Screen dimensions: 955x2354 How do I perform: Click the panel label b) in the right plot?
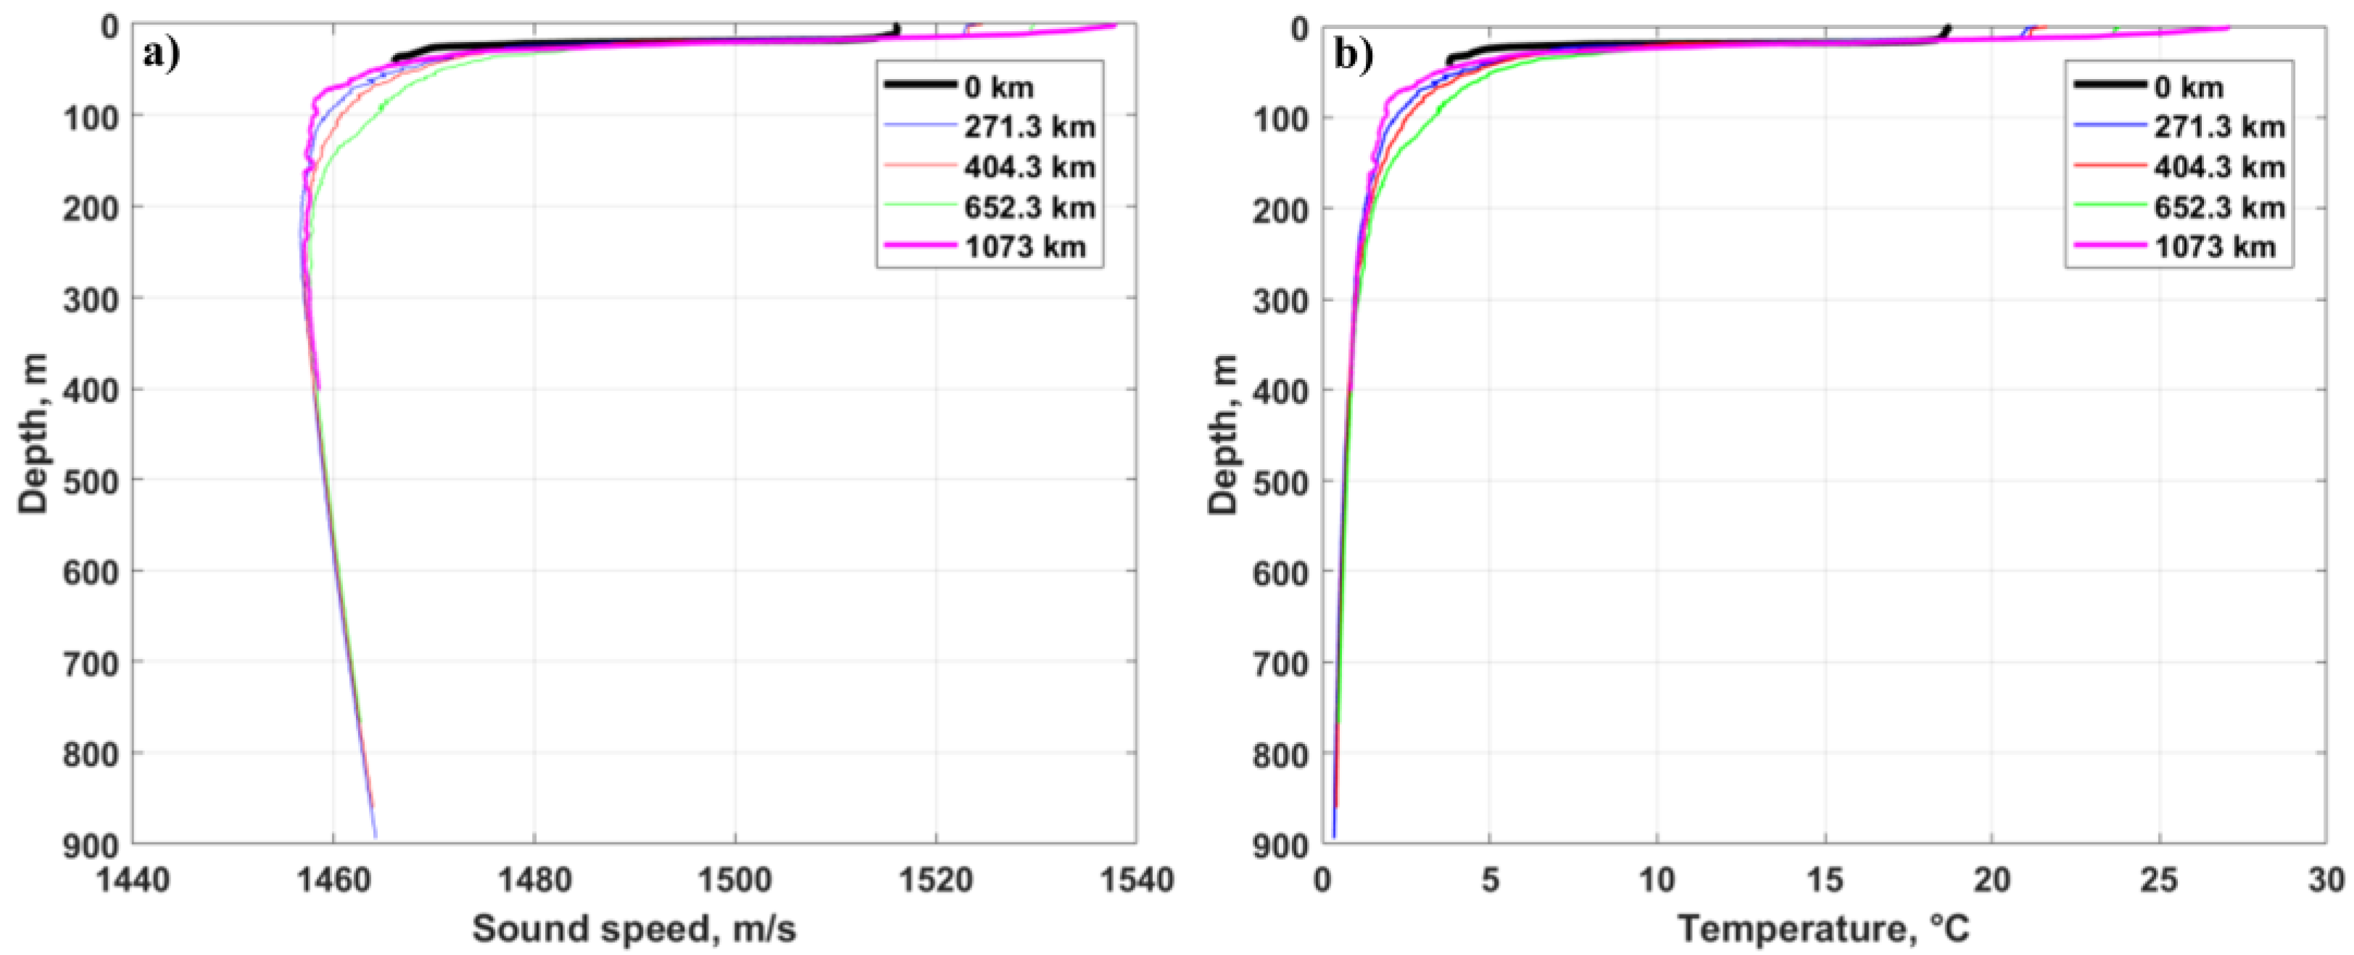click(x=1353, y=57)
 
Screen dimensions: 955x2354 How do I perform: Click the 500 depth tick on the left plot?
click(x=90, y=481)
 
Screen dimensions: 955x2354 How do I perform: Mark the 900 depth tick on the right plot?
click(x=1280, y=845)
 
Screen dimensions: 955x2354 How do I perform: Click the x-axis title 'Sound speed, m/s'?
click(x=634, y=928)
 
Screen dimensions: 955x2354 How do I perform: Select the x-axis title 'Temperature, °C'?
click(x=1824, y=928)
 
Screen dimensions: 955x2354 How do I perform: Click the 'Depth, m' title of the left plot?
click(x=33, y=434)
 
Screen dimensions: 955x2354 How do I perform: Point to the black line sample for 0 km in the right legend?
click(x=2108, y=85)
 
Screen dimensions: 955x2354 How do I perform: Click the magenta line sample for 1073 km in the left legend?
click(x=919, y=246)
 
